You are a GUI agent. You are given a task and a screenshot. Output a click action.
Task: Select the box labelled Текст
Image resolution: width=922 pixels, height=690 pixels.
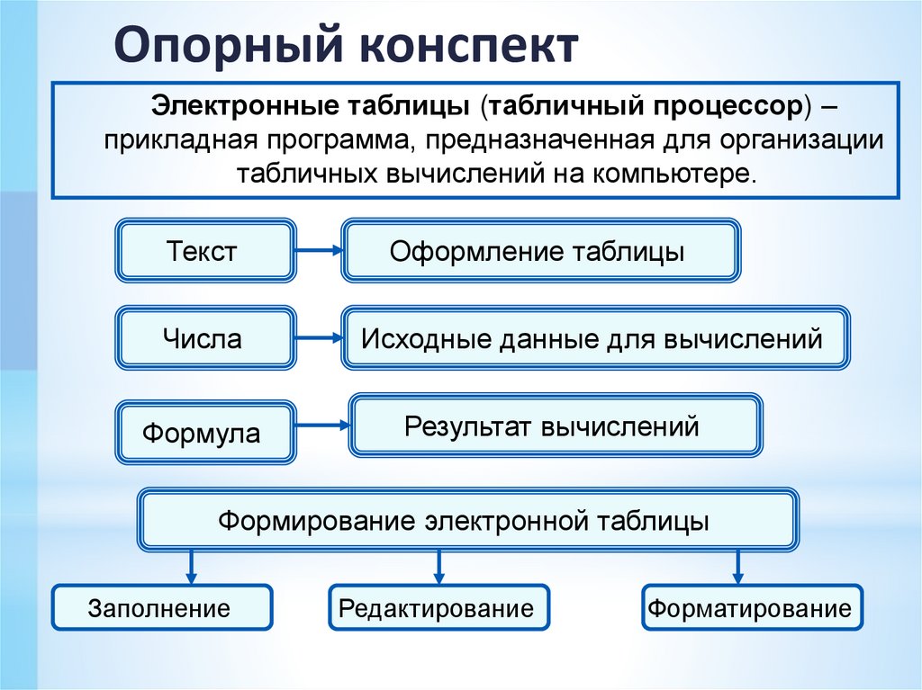tap(204, 250)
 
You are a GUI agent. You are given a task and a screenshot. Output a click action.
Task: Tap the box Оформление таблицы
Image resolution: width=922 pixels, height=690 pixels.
tap(540, 250)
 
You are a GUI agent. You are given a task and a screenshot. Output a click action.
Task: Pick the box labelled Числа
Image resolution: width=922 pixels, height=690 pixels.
tap(204, 338)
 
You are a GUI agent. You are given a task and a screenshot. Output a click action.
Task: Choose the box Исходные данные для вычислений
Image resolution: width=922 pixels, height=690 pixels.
tap(594, 338)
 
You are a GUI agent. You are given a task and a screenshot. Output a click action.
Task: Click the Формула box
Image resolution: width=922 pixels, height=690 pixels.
tap(204, 433)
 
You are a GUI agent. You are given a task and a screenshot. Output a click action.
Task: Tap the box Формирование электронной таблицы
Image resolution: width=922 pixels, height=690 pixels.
tap(466, 520)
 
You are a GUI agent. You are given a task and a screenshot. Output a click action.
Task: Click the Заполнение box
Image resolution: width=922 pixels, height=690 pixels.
tap(161, 607)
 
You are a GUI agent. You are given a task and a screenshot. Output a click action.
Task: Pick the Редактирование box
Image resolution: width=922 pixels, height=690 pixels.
tap(438, 607)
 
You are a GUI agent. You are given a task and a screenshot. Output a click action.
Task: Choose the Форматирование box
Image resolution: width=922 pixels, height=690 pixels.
tap(752, 607)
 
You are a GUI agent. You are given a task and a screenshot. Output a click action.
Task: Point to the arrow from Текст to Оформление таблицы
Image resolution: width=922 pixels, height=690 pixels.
tap(318, 251)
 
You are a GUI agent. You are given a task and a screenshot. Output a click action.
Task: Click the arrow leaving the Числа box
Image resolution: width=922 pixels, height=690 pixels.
tap(318, 339)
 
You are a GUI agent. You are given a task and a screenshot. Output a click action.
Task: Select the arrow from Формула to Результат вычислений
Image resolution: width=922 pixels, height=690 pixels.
tap(322, 426)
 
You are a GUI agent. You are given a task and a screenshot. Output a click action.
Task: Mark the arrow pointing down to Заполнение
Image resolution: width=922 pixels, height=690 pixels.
tap(191, 567)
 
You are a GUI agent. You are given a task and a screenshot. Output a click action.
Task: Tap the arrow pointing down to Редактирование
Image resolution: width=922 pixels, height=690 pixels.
tap(438, 567)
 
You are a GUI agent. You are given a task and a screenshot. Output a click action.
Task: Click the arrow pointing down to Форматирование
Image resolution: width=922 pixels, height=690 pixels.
tap(738, 567)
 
